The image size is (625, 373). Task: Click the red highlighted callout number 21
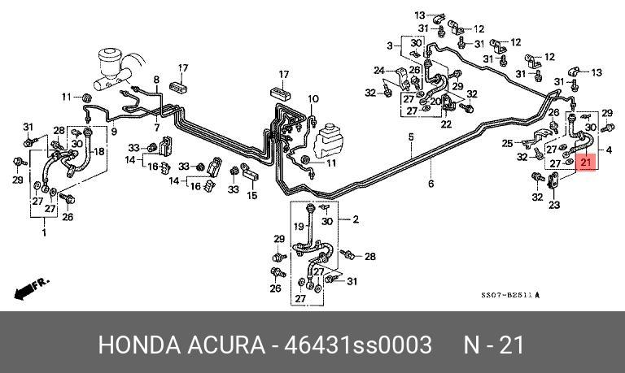point(586,163)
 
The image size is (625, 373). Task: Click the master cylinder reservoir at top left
point(112,64)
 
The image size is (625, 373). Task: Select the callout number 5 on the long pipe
point(412,137)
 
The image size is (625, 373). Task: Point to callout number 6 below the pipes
point(431,184)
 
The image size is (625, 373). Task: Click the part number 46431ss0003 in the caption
point(357,345)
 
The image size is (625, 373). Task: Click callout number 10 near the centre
point(313,99)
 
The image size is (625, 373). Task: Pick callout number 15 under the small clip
point(251,196)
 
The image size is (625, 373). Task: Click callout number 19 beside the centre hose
point(298,226)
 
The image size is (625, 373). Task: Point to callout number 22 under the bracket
point(446,124)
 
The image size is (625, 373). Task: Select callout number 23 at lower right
point(554,206)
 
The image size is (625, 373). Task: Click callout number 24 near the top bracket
point(378,71)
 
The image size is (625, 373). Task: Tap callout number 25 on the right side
point(507,144)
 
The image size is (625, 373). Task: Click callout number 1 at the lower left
point(44,232)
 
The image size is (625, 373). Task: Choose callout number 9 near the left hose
point(114,132)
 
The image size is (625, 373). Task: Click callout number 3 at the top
point(390,44)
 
